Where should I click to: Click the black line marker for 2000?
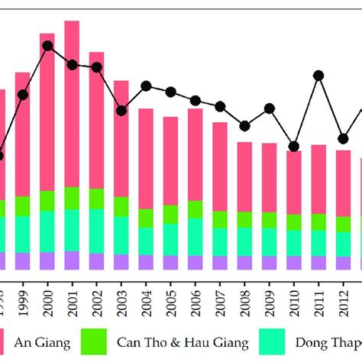coord(47,46)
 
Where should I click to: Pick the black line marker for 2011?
coord(318,75)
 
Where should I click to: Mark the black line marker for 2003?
coord(121,111)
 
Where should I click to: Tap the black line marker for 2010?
coord(294,146)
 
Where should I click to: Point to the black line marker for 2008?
coord(244,126)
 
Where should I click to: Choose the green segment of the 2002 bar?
coord(97,199)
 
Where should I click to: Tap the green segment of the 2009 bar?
coord(270,220)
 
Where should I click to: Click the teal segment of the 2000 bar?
coord(47,231)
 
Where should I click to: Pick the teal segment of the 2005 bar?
coord(171,239)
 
